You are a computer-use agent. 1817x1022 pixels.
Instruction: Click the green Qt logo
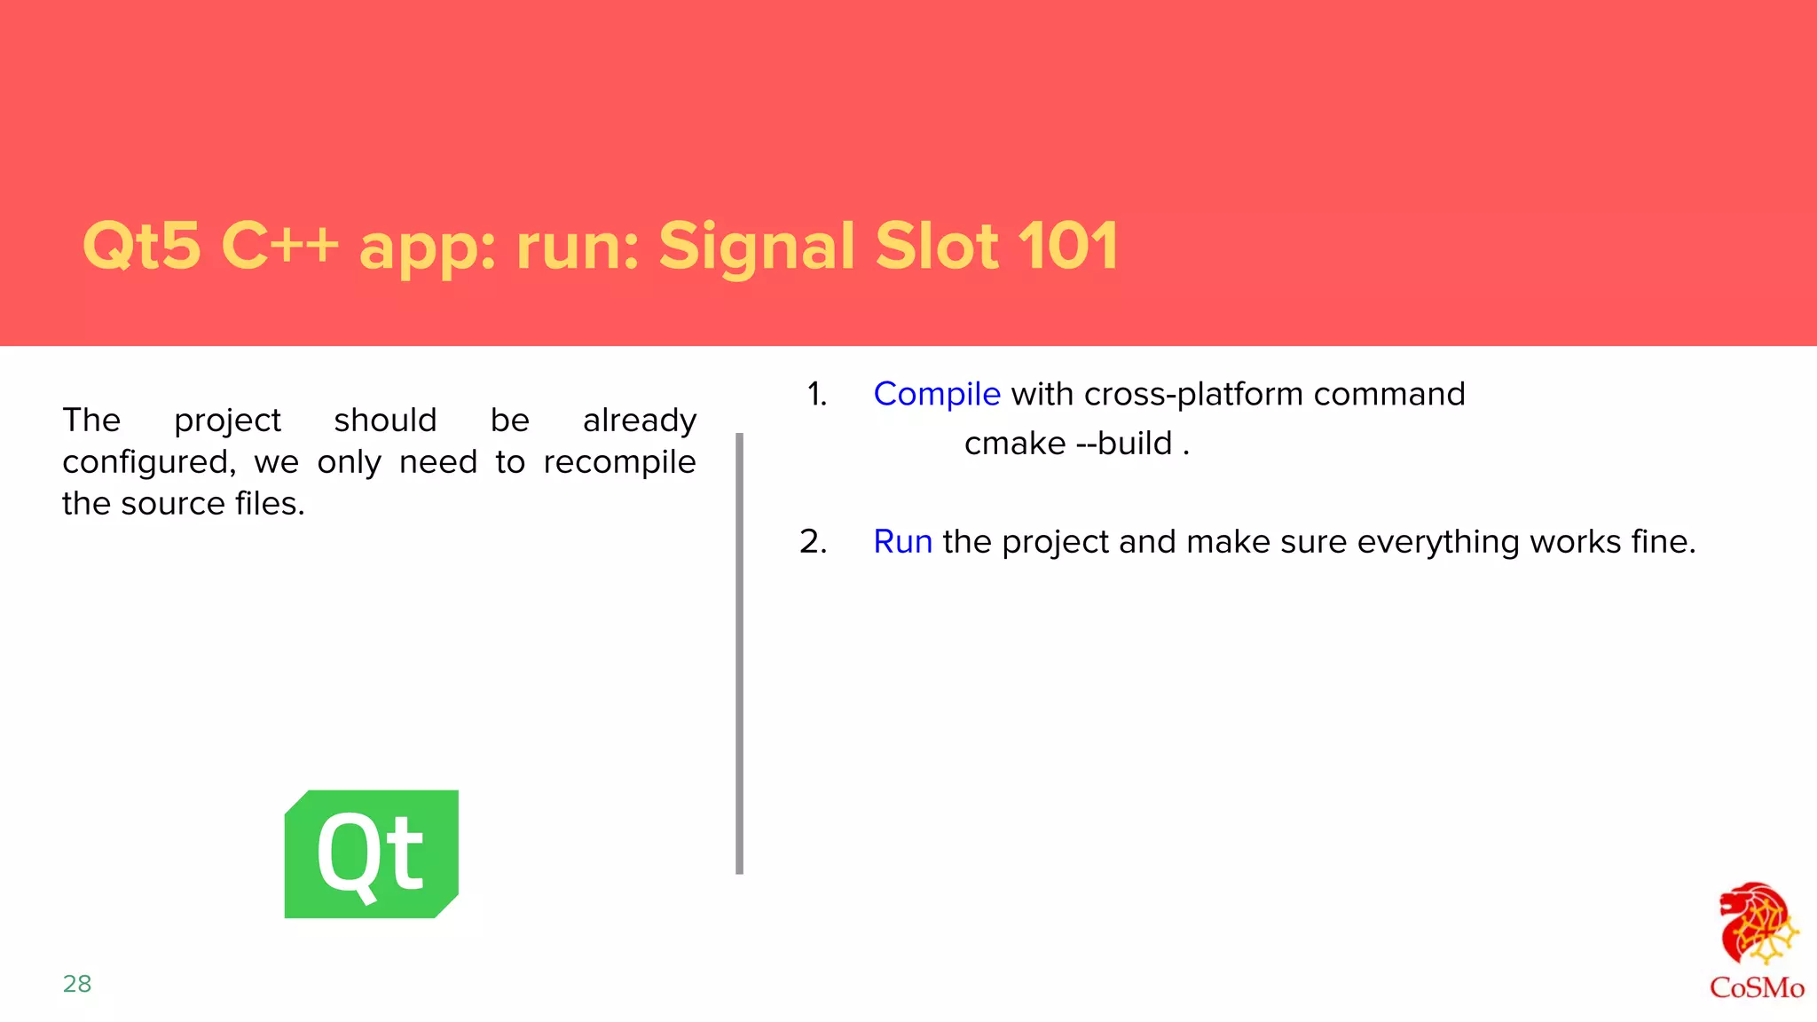pos(371,853)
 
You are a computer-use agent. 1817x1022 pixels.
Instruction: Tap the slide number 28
pos(77,983)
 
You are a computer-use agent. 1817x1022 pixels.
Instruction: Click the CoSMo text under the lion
pos(1756,987)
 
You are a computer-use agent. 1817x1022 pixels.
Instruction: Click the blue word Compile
pos(936,394)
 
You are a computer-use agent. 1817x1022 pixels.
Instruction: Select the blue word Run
pos(902,541)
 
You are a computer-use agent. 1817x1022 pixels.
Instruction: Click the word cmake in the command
pos(1014,443)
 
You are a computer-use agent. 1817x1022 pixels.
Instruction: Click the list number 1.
pos(816,394)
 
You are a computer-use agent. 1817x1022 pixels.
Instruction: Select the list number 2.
pos(813,541)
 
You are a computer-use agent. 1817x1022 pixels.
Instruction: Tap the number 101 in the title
pos(1067,246)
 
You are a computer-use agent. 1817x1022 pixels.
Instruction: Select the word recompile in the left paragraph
pos(619,462)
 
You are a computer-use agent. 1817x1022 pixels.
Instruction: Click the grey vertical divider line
pos(739,653)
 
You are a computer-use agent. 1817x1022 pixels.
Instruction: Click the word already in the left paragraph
pos(639,421)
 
